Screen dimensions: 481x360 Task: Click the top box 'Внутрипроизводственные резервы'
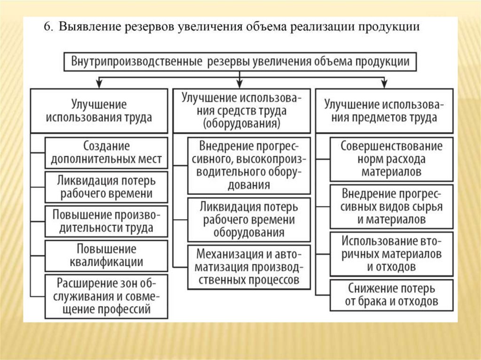click(x=240, y=62)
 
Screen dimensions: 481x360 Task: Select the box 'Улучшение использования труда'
click(x=99, y=111)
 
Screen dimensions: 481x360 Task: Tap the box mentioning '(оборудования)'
click(x=242, y=111)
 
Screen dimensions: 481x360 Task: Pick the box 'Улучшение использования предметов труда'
click(x=385, y=111)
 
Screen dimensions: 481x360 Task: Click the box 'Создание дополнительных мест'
click(x=106, y=153)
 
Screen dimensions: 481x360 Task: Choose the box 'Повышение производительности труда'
click(x=106, y=222)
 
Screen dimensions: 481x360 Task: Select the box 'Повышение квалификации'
click(x=106, y=255)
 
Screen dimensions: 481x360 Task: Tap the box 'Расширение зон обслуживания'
click(x=106, y=297)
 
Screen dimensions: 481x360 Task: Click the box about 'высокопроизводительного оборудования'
click(x=249, y=165)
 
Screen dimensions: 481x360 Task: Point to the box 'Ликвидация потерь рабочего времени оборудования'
click(x=249, y=220)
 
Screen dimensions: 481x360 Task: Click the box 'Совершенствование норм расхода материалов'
click(x=392, y=159)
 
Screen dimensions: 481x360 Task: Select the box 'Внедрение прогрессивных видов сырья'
click(x=392, y=207)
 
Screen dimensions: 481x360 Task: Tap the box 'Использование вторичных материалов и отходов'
click(x=392, y=254)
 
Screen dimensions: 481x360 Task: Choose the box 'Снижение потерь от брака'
click(x=392, y=295)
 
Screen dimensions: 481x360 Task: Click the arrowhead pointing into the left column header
click(x=99, y=84)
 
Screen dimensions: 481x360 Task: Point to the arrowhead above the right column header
click(x=385, y=84)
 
